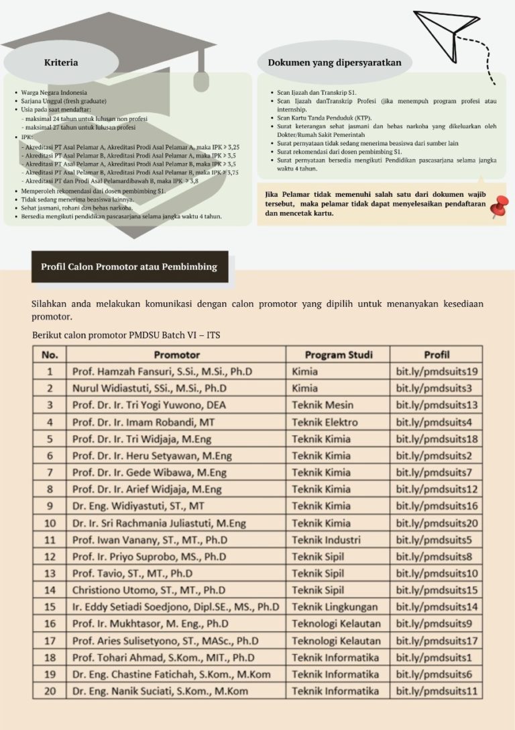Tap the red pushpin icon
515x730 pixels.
(498, 208)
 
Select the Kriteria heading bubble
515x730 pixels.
(61, 62)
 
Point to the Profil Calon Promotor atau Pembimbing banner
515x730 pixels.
(129, 267)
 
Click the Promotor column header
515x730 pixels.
(176, 355)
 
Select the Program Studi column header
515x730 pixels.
(338, 355)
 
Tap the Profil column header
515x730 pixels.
(437, 355)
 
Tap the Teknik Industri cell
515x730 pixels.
(327, 539)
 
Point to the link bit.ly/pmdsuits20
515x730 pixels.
(437, 523)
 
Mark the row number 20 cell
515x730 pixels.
(50, 690)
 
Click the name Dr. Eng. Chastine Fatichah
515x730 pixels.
(161, 674)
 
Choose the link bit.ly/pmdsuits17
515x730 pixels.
(437, 641)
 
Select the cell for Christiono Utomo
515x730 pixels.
(149, 590)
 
